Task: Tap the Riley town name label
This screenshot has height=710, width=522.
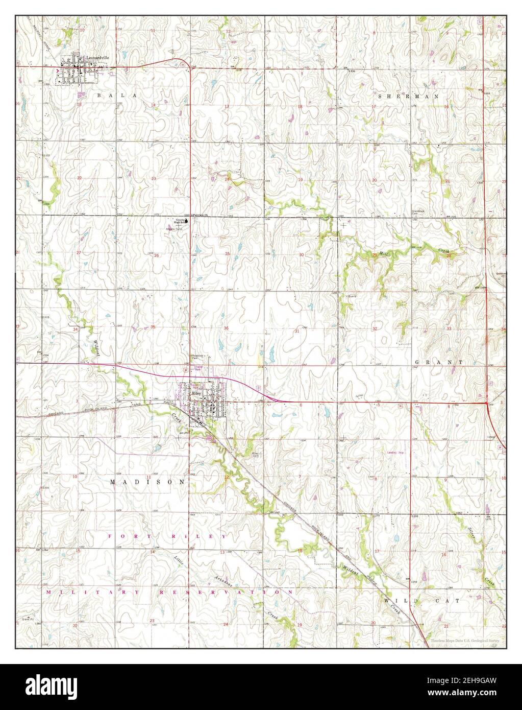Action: click(195, 394)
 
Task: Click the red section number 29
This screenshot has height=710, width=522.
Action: click(375, 254)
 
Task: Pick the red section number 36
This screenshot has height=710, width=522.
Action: click(226, 328)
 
